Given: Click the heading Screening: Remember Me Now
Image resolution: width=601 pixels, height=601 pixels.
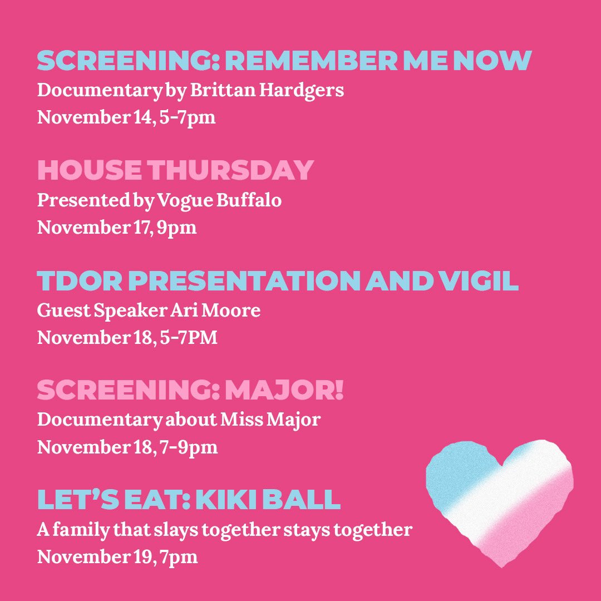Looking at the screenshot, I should (x=284, y=61).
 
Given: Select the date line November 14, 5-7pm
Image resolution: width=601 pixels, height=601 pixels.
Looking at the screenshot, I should (x=126, y=118).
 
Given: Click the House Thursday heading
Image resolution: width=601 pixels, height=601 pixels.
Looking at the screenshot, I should (x=175, y=171).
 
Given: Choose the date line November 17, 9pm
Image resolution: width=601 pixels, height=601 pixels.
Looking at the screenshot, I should (x=117, y=228).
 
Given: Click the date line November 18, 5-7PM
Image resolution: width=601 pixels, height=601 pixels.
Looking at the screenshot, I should (x=127, y=338).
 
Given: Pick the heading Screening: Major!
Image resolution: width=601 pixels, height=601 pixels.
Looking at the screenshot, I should (x=190, y=391).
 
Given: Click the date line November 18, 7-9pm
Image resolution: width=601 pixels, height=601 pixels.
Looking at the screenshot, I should (x=127, y=448).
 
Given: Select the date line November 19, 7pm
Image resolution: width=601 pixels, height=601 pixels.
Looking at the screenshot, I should (x=117, y=557).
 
